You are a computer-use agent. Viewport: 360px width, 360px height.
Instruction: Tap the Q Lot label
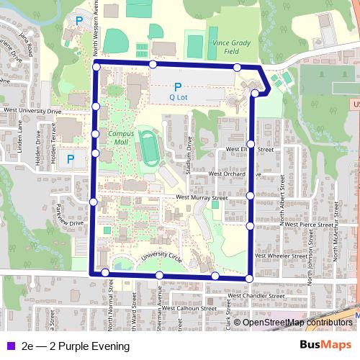point(178,96)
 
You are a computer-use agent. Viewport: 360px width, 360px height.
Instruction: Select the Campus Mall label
point(120,138)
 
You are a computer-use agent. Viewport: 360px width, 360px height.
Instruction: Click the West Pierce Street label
point(307,225)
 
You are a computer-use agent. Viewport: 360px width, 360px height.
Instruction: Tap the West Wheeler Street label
point(288,256)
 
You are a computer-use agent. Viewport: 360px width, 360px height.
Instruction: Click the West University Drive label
point(32,112)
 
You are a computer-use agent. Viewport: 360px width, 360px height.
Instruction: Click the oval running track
point(150,147)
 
